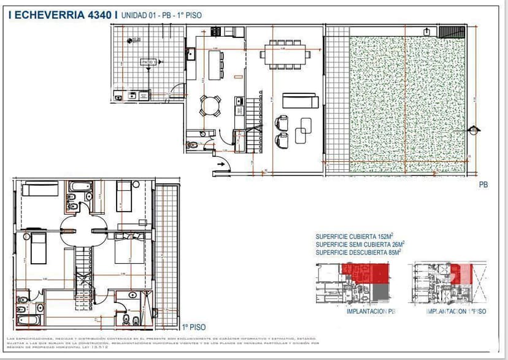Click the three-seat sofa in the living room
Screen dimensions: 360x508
pos(300,101)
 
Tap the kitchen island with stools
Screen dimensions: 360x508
pos(215,64)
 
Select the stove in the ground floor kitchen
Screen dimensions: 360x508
pos(216,31)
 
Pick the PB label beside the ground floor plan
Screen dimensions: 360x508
pos(483,184)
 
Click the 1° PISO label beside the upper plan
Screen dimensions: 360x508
pos(193,327)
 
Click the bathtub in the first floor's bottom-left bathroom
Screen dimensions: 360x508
pos(29,320)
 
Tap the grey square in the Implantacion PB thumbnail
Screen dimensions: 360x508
pos(382,293)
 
